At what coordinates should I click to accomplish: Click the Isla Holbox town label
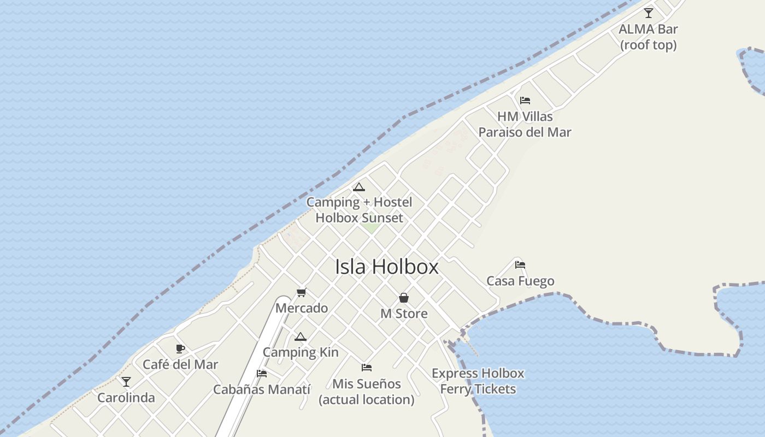tap(386, 267)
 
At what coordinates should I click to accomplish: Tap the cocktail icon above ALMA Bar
tap(649, 13)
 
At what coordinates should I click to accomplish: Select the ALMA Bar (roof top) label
tap(648, 37)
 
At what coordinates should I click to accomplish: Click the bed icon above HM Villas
tap(525, 101)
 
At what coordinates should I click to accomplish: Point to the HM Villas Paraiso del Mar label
tap(525, 125)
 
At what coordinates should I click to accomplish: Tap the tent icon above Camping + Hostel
tap(359, 187)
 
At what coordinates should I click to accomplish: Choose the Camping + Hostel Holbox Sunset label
tap(359, 210)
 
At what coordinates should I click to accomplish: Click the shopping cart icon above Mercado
tap(301, 293)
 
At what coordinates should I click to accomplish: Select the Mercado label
tap(302, 308)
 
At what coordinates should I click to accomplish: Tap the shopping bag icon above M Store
tap(404, 298)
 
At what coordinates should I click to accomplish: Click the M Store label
tap(404, 314)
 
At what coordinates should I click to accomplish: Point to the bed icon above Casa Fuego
tap(520, 265)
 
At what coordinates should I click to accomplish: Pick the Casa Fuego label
tap(520, 281)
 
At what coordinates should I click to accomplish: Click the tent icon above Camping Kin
tap(301, 336)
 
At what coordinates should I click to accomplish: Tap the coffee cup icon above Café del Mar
tap(180, 349)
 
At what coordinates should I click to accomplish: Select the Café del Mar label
tap(180, 364)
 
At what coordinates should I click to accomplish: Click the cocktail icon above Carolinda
tap(126, 382)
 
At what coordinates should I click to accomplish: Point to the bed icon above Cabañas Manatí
tap(262, 374)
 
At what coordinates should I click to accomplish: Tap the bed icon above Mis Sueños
tap(367, 368)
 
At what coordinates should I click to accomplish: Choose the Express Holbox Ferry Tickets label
tap(478, 381)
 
